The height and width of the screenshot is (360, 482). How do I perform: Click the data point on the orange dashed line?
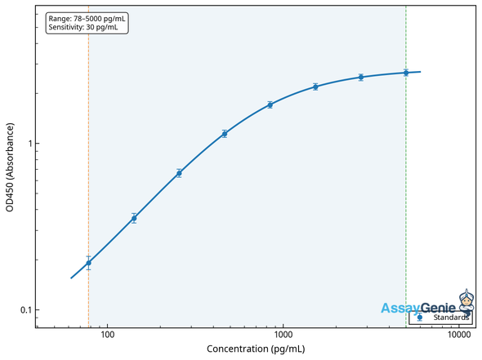(x=88, y=263)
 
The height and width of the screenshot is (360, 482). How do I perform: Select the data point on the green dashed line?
(x=406, y=73)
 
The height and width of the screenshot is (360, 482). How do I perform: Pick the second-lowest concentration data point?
(x=134, y=218)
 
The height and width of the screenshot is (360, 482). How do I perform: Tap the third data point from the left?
(x=179, y=173)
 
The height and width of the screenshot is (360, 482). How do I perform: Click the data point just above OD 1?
(x=225, y=133)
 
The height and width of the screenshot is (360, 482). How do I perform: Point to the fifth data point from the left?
(x=270, y=104)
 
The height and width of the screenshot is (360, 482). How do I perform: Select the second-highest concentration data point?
(x=361, y=78)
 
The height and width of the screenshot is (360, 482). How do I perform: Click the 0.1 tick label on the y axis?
(x=24, y=310)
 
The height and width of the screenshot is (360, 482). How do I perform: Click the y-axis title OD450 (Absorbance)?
(x=10, y=167)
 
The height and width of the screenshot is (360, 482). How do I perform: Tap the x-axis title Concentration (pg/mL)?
(x=256, y=349)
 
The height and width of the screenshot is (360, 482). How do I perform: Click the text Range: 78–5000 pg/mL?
(x=87, y=18)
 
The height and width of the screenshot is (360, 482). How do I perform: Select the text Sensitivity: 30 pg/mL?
(x=83, y=27)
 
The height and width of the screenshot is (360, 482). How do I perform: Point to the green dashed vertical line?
(x=406, y=204)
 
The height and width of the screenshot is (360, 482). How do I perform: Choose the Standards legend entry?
(x=444, y=318)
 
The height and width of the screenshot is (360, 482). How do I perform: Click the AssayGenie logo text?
(x=417, y=308)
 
